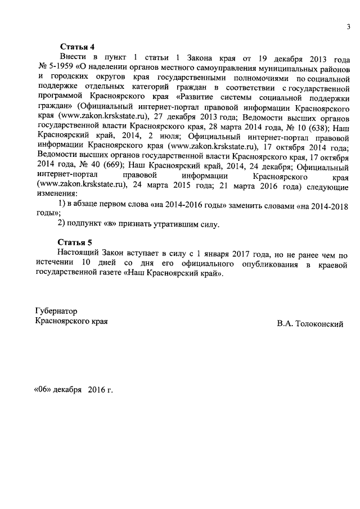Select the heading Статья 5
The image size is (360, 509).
(75, 242)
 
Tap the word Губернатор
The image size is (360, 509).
(56, 311)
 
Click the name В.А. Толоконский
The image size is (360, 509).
(309, 325)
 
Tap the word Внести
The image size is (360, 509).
(73, 58)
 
